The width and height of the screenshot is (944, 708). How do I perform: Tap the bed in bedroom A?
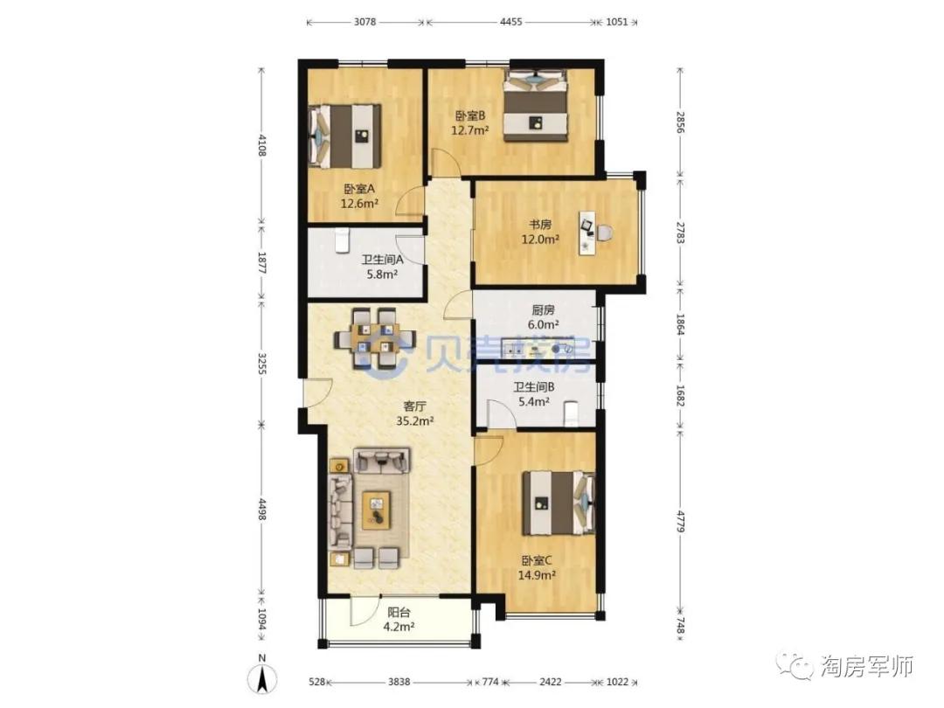point(345,136)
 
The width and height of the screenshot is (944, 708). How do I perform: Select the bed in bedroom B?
point(536,106)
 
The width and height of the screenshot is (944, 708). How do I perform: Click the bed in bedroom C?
point(558,503)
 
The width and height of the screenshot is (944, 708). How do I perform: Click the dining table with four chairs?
point(374,338)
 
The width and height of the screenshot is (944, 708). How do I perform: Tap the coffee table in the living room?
point(376,510)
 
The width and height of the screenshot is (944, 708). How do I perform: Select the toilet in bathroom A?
point(342,240)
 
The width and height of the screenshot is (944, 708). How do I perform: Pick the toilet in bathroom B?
point(570,414)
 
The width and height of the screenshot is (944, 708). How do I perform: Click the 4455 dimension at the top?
point(511,22)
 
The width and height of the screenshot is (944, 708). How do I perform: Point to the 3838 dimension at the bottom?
point(399,682)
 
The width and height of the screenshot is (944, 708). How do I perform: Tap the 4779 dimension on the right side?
point(680,521)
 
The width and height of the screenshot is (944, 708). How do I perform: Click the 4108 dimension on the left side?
point(262,145)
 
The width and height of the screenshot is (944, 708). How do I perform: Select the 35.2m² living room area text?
point(415,420)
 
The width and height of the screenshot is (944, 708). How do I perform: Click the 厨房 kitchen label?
point(543,310)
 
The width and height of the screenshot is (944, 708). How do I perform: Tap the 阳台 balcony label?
point(399,613)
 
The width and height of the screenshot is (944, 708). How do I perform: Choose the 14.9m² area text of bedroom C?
point(537,575)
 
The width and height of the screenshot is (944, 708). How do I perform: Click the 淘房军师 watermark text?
point(867,666)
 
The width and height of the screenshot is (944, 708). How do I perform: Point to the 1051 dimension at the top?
point(616,22)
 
